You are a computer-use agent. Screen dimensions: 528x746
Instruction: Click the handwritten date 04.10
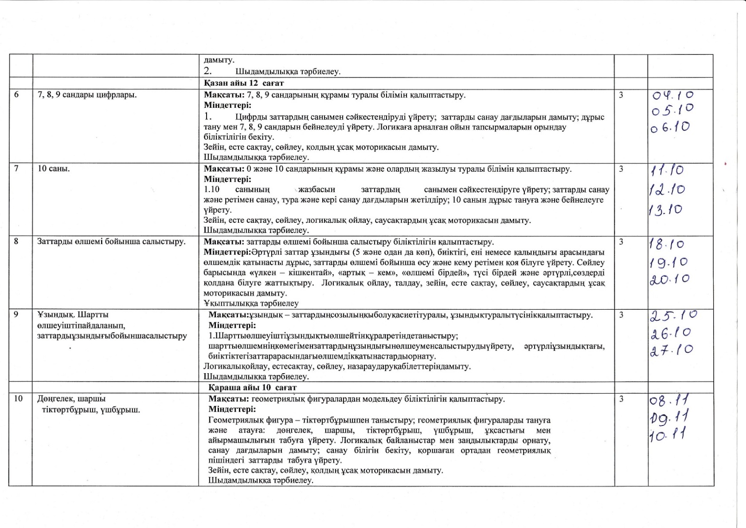click(x=673, y=95)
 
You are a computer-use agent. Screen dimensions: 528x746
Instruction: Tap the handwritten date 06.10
click(x=670, y=127)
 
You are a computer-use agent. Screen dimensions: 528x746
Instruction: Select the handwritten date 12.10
click(x=667, y=190)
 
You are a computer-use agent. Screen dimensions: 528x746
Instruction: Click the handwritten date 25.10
click(x=673, y=315)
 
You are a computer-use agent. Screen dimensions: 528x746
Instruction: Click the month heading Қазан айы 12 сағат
click(x=244, y=83)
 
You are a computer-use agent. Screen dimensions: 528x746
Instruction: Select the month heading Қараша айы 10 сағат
click(x=252, y=387)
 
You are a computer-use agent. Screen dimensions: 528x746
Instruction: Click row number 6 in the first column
click(x=16, y=95)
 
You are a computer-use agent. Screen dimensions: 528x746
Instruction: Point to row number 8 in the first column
click(x=16, y=242)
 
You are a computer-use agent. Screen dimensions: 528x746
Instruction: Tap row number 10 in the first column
click(x=18, y=398)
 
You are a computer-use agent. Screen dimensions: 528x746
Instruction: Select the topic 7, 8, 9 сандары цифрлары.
click(x=87, y=95)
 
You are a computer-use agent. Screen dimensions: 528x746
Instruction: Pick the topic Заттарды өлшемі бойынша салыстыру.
click(x=111, y=242)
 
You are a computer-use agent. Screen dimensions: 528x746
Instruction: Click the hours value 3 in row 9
click(x=621, y=315)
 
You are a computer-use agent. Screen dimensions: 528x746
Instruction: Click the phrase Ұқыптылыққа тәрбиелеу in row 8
click(x=251, y=303)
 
